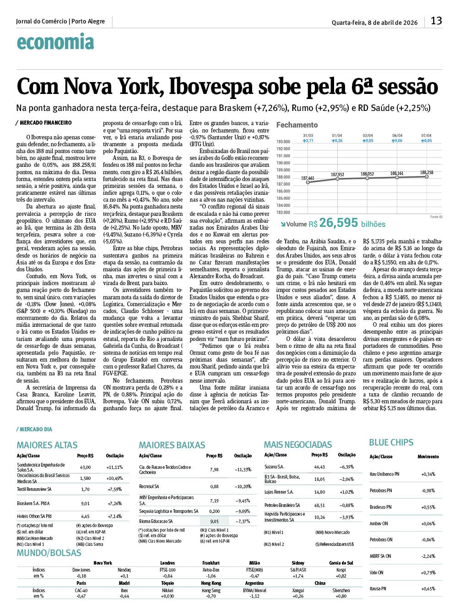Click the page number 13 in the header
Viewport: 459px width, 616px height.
pyautogui.click(x=436, y=21)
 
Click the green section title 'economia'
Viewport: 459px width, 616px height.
pyautogui.click(x=55, y=43)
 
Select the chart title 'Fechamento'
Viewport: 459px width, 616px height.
pyautogui.click(x=297, y=125)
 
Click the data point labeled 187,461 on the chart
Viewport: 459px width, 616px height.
pyautogui.click(x=308, y=182)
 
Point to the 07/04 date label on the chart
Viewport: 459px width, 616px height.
pyautogui.click(x=426, y=136)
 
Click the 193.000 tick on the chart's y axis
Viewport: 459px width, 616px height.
pyautogui.click(x=283, y=142)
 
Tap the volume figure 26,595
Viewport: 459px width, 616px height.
pyautogui.click(x=338, y=223)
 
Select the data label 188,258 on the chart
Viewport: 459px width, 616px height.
pyautogui.click(x=426, y=172)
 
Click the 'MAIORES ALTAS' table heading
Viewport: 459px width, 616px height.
pyautogui.click(x=47, y=445)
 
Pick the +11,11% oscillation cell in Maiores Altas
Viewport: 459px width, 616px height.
pyautogui.click(x=114, y=467)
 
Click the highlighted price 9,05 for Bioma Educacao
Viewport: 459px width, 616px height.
pyautogui.click(x=214, y=522)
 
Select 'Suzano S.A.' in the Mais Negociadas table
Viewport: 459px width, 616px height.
pyautogui.click(x=274, y=467)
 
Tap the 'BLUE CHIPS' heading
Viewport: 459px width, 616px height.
pyautogui.click(x=391, y=442)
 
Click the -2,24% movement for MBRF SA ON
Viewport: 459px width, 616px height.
pyautogui.click(x=428, y=556)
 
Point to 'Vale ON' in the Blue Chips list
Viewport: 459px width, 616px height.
pyautogui.click(x=377, y=572)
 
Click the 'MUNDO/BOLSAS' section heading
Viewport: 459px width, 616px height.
pyautogui.click(x=49, y=553)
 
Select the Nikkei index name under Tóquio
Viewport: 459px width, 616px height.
pyautogui.click(x=167, y=591)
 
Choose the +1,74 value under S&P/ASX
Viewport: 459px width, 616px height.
pyautogui.click(x=298, y=576)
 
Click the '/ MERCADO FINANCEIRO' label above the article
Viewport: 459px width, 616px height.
pyautogui.click(x=44, y=123)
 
